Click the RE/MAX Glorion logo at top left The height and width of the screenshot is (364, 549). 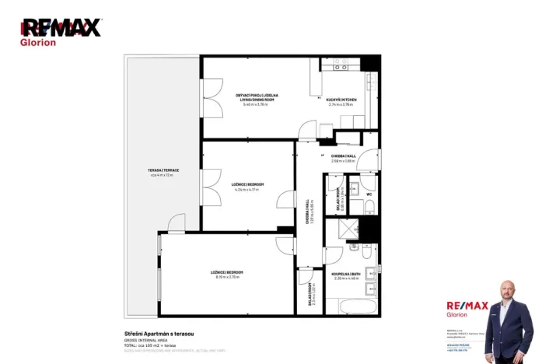[60, 31]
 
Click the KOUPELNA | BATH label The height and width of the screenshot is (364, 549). [344, 273]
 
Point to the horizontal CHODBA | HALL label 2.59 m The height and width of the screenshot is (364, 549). [343, 156]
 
